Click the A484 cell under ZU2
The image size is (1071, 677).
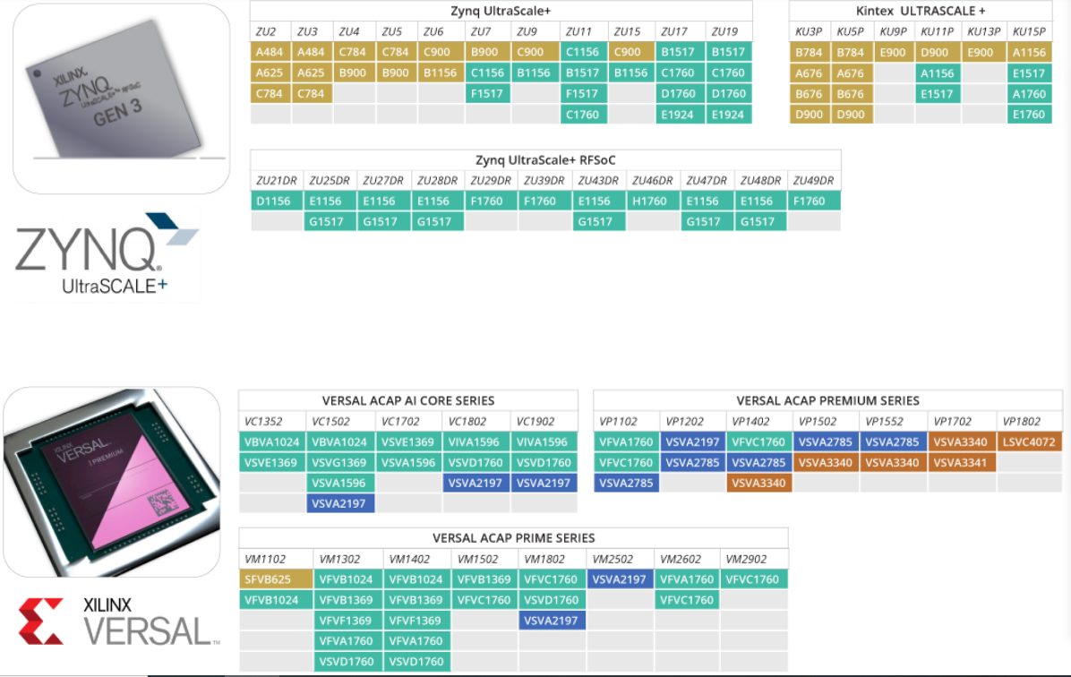(x=267, y=52)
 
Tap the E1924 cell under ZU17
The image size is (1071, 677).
(x=678, y=114)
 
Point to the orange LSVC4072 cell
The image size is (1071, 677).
(x=1029, y=441)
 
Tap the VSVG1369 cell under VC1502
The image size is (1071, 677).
(x=339, y=462)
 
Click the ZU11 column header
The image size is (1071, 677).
(x=580, y=31)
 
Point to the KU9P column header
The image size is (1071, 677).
(x=893, y=31)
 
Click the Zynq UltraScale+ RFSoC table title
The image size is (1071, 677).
(x=545, y=159)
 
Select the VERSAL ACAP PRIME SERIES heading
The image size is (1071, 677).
(x=513, y=538)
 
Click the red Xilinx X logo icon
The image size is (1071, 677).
(x=40, y=621)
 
